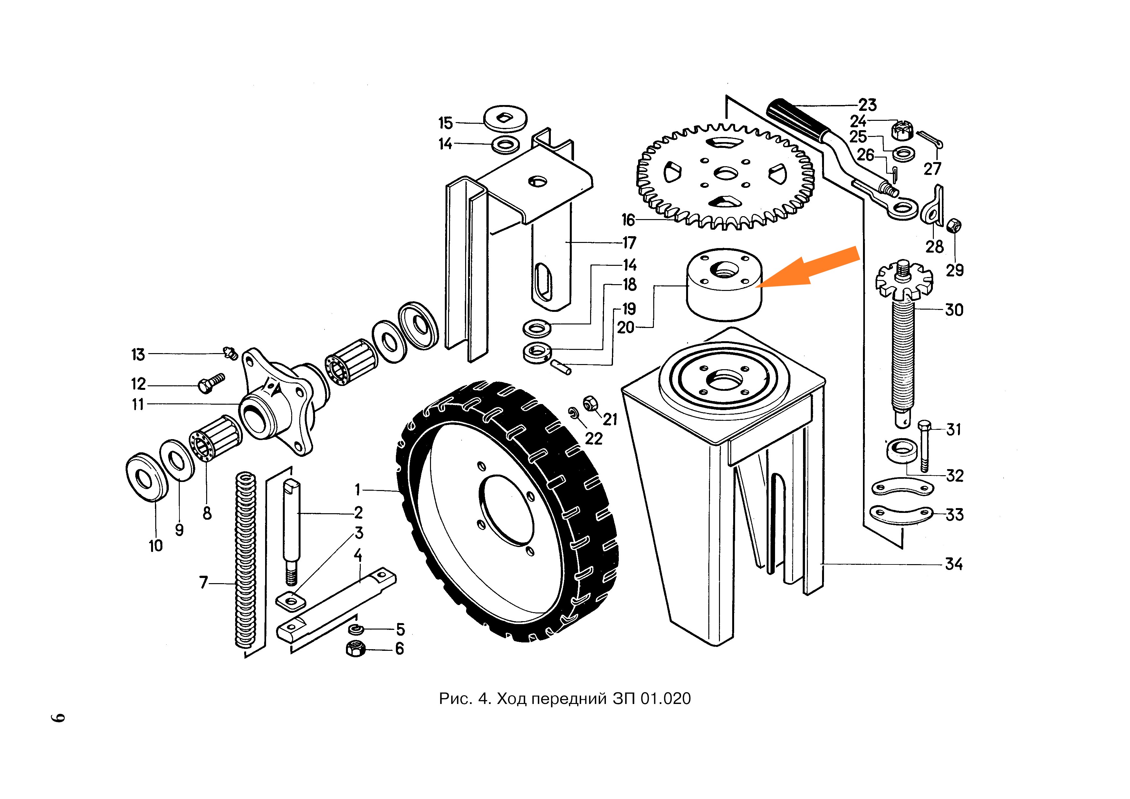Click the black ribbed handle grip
coord(797,119)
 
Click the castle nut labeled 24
coord(903,130)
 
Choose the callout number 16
coord(628,220)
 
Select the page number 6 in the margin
coord(58,717)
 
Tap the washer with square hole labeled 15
coord(505,118)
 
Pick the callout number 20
coord(626,327)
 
